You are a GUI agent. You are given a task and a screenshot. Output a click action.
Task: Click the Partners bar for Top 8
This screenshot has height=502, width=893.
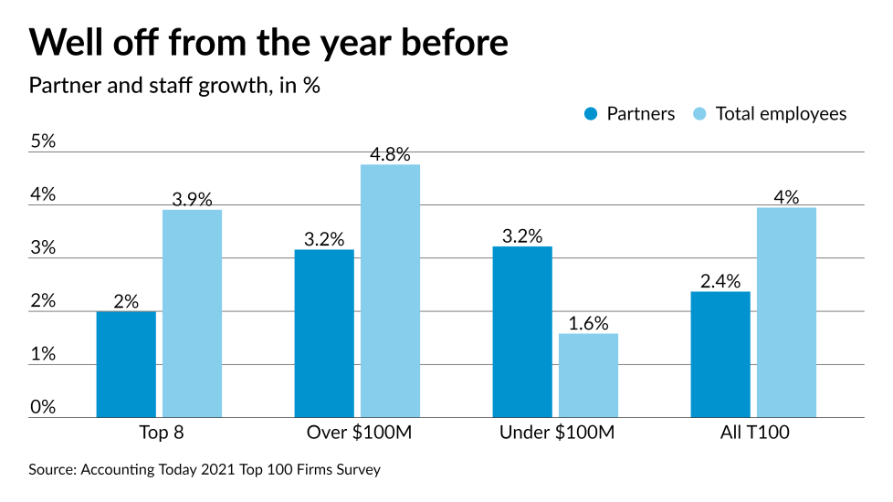pyautogui.click(x=126, y=364)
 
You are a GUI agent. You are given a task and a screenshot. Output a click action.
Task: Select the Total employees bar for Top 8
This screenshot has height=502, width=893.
pyautogui.click(x=192, y=313)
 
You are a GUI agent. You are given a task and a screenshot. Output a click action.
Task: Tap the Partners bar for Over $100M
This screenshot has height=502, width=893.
pyautogui.click(x=324, y=333)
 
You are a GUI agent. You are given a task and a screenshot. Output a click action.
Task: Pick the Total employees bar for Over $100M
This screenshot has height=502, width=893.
pyautogui.click(x=390, y=290)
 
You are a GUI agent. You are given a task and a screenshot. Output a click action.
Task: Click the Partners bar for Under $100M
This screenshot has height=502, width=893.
pyautogui.click(x=522, y=331)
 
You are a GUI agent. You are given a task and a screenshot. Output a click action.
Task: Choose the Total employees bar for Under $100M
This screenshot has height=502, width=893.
pyautogui.click(x=588, y=375)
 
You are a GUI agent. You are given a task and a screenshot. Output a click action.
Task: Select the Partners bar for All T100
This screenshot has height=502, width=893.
pyautogui.click(x=720, y=354)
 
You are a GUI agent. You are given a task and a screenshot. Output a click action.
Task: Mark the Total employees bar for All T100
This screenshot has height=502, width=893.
pyautogui.click(x=786, y=312)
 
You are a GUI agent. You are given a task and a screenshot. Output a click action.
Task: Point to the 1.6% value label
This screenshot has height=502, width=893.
pyautogui.click(x=588, y=323)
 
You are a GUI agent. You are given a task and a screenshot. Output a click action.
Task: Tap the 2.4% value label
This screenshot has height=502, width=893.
pyautogui.click(x=720, y=281)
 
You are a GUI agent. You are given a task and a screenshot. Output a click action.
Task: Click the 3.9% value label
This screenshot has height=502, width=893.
pyautogui.click(x=192, y=199)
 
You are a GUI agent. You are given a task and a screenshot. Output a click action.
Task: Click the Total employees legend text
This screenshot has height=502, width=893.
pyautogui.click(x=781, y=114)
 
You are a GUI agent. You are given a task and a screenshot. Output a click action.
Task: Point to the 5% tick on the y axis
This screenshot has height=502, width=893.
pyautogui.click(x=42, y=141)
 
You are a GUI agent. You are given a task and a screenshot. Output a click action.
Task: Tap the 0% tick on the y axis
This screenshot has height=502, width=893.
pyautogui.click(x=42, y=407)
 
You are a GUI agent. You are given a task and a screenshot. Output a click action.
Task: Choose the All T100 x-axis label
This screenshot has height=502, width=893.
pyautogui.click(x=753, y=433)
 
